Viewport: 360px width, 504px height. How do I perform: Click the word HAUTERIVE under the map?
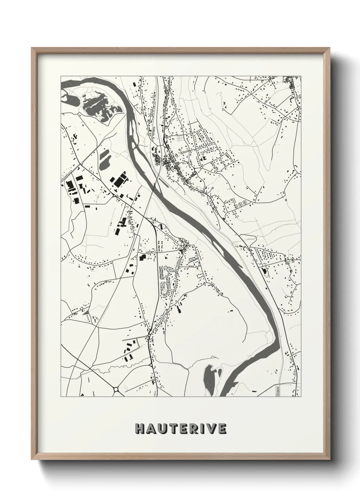[x=180, y=428]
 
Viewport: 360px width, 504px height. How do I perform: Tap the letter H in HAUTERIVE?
[x=139, y=428]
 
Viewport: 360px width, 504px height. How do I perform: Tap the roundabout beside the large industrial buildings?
[x=114, y=195]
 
